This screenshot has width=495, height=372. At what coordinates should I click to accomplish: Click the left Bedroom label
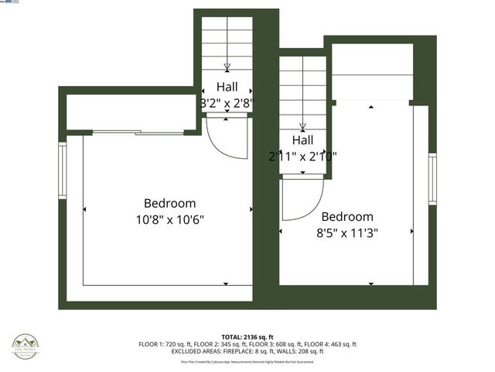click(x=169, y=203)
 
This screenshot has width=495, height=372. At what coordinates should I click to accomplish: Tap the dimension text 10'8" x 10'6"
click(x=169, y=219)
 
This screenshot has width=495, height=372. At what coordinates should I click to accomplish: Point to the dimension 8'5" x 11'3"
click(x=347, y=232)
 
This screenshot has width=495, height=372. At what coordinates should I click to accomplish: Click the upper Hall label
click(x=227, y=87)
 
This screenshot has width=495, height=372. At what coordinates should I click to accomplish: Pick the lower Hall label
click(x=302, y=140)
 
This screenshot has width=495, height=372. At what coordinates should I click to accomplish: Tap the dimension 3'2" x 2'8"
click(x=227, y=102)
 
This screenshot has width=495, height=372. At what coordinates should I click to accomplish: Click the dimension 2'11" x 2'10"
click(x=302, y=156)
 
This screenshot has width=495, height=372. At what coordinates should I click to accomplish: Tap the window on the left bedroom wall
click(x=63, y=170)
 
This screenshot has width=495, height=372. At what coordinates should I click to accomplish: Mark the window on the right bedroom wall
click(x=433, y=177)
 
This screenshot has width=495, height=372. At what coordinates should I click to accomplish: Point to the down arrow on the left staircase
click(x=227, y=66)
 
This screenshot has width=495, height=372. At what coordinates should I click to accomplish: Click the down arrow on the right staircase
click(x=302, y=127)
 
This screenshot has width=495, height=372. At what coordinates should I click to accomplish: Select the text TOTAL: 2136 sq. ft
click(x=247, y=337)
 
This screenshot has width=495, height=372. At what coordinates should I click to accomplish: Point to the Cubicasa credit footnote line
click(x=247, y=362)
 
